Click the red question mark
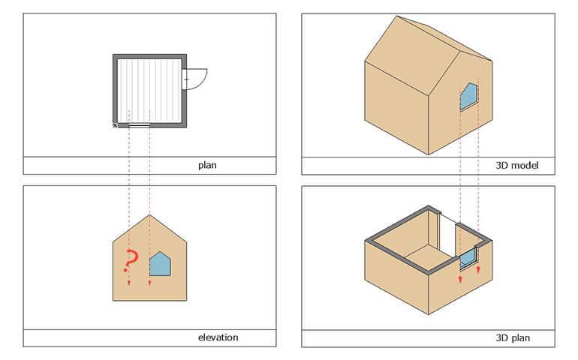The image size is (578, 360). (x=131, y=260)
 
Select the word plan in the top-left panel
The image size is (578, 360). (x=207, y=165)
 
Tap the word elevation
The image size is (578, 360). (x=218, y=337)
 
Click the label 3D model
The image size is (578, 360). (x=516, y=165)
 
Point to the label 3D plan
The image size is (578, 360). (x=513, y=337)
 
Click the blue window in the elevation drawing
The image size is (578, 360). (x=160, y=264)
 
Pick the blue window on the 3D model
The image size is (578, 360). (x=468, y=97)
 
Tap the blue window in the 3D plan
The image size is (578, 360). (x=468, y=258)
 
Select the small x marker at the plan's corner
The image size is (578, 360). (x=115, y=126)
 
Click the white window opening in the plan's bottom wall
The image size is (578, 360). (x=140, y=126)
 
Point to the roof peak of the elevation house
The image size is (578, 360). (x=149, y=214)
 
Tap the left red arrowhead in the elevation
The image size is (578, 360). (x=129, y=283)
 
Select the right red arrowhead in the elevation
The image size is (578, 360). (x=149, y=283)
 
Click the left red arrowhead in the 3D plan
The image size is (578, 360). (x=460, y=280)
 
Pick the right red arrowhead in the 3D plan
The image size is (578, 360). (x=478, y=270)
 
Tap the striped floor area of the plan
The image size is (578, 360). (x=149, y=91)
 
